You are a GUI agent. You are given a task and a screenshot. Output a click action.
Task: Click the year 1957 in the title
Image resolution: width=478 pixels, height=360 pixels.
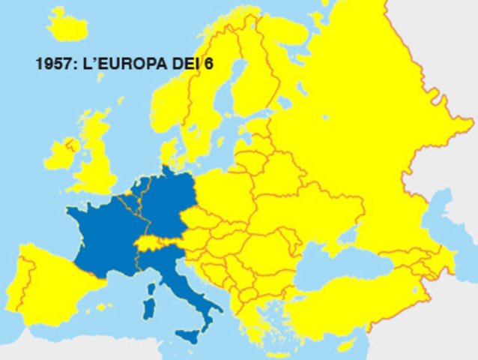(52, 64)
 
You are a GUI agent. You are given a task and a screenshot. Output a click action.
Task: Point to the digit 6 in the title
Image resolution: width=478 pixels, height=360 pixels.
(208, 64)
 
